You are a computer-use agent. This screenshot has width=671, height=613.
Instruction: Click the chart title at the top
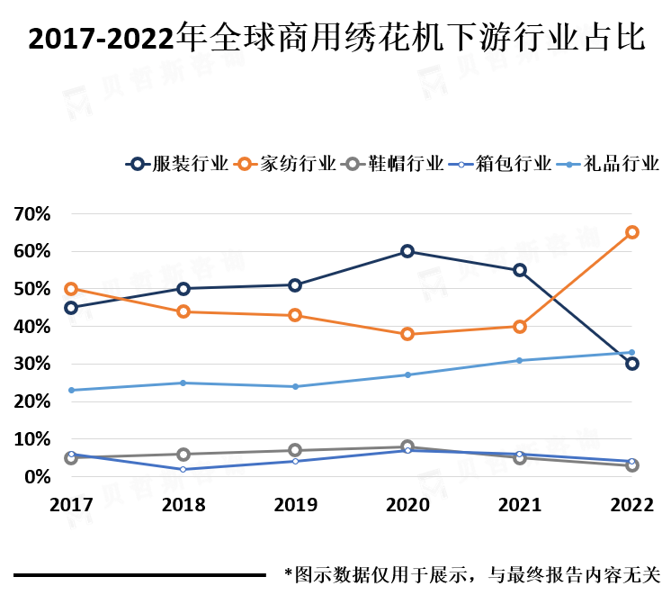click(336, 38)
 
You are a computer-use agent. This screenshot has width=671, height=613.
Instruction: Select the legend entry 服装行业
click(191, 164)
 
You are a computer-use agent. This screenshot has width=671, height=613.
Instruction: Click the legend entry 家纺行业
click(297, 164)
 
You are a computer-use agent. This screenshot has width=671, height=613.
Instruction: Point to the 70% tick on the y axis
click(31, 214)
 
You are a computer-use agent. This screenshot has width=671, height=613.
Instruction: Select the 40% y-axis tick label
click(31, 327)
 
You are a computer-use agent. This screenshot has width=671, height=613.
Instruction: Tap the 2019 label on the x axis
click(295, 505)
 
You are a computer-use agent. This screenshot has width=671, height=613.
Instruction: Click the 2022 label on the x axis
click(632, 505)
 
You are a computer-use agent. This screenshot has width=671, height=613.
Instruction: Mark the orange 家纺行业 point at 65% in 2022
click(632, 232)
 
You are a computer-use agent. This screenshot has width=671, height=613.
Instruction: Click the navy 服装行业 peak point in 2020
click(407, 251)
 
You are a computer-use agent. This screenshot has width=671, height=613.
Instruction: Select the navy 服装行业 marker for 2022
click(632, 364)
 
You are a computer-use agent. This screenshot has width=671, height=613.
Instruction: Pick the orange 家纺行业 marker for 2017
click(71, 289)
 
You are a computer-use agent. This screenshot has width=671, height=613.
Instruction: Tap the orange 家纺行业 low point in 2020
click(407, 334)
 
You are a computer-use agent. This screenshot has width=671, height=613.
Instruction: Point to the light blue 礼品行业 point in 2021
click(520, 360)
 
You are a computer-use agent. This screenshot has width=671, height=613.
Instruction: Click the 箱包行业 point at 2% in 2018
click(183, 469)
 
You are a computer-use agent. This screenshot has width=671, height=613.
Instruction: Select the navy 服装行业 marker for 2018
click(183, 289)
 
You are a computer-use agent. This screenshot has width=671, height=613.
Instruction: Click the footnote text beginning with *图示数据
click(472, 573)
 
